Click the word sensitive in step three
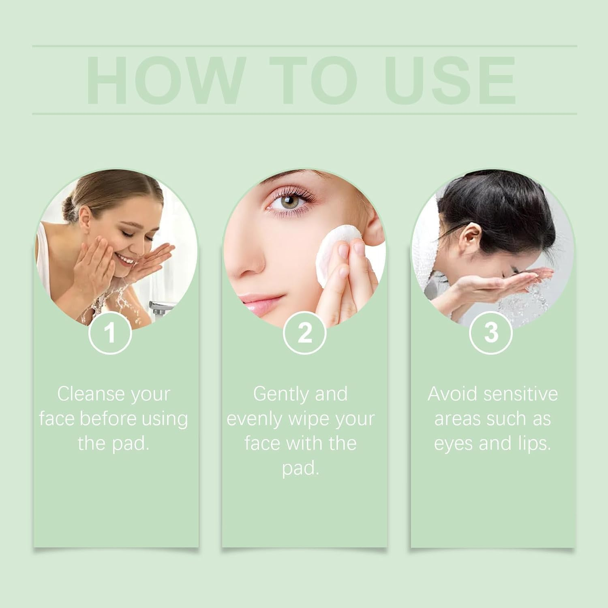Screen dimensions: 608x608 pyautogui.click(x=516, y=394)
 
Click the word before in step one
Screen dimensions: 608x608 pyautogui.click(x=103, y=419)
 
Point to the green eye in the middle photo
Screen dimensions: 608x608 pyautogui.click(x=289, y=201)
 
